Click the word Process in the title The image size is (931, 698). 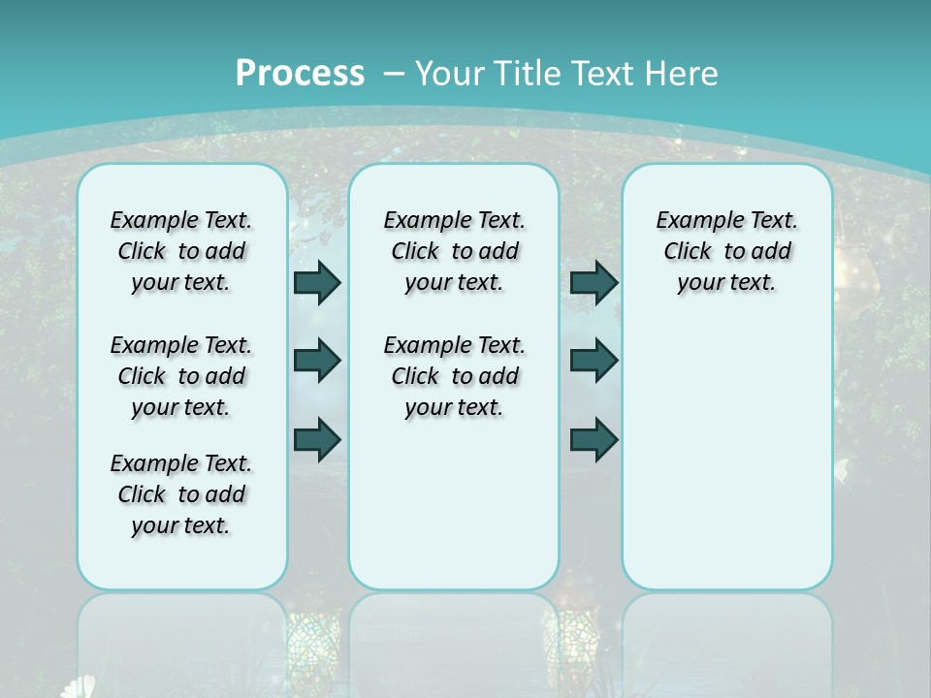coord(300,73)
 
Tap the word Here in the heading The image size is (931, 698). coord(683,73)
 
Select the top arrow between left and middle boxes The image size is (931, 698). coord(317,283)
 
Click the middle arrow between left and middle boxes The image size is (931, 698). coord(317,361)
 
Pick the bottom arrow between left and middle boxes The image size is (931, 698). coord(317,439)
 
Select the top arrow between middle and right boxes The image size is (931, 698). coord(594,283)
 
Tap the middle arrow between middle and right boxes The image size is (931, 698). coord(594,361)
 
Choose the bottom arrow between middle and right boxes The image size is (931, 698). coord(594,439)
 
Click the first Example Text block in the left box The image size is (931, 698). coord(181,251)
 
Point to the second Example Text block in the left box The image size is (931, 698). coord(181,376)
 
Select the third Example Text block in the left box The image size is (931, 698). coord(181,494)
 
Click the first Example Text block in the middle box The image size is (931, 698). coord(454,251)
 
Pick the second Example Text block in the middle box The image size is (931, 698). coord(454,376)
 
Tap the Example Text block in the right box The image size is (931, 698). coord(726,251)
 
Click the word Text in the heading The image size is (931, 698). coord(606,73)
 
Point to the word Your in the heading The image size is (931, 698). coord(449,73)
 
